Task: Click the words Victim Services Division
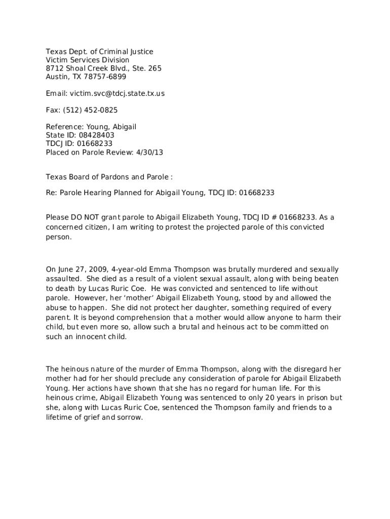pos(88,60)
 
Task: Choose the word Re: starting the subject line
pos(52,193)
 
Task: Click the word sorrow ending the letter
pos(130,418)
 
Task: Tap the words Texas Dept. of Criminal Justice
pos(99,52)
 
